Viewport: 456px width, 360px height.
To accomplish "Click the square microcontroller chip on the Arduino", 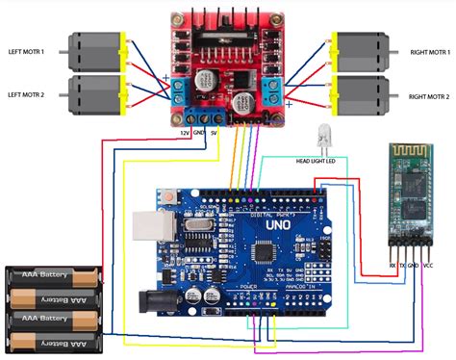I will [265, 253].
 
